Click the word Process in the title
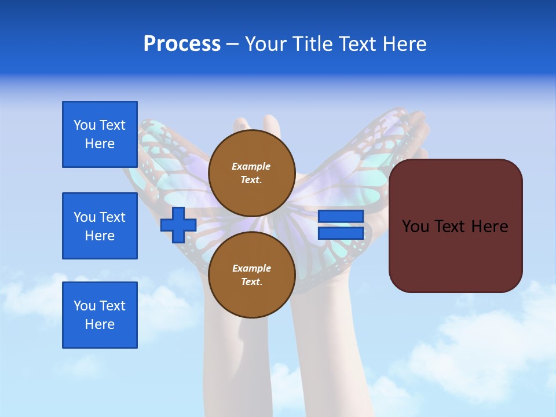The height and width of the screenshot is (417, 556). click(x=182, y=44)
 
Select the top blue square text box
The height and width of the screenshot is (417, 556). click(x=100, y=134)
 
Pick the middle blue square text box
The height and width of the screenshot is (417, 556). click(x=100, y=226)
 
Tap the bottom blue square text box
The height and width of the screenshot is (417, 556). click(x=100, y=315)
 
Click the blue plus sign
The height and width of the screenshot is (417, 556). click(x=178, y=225)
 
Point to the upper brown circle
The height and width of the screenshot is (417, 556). click(x=251, y=173)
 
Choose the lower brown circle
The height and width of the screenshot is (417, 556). click(x=251, y=275)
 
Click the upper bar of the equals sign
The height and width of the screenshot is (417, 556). click(x=341, y=216)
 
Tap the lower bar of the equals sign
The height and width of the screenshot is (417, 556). click(x=341, y=233)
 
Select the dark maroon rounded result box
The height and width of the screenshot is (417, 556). click(x=455, y=255)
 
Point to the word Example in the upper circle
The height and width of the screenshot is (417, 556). click(x=251, y=166)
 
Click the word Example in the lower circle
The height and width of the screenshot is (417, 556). click(x=251, y=268)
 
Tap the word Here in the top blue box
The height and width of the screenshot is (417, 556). click(x=100, y=144)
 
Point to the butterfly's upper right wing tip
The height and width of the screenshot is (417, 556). click(x=400, y=116)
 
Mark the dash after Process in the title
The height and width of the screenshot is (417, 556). click(x=233, y=44)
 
